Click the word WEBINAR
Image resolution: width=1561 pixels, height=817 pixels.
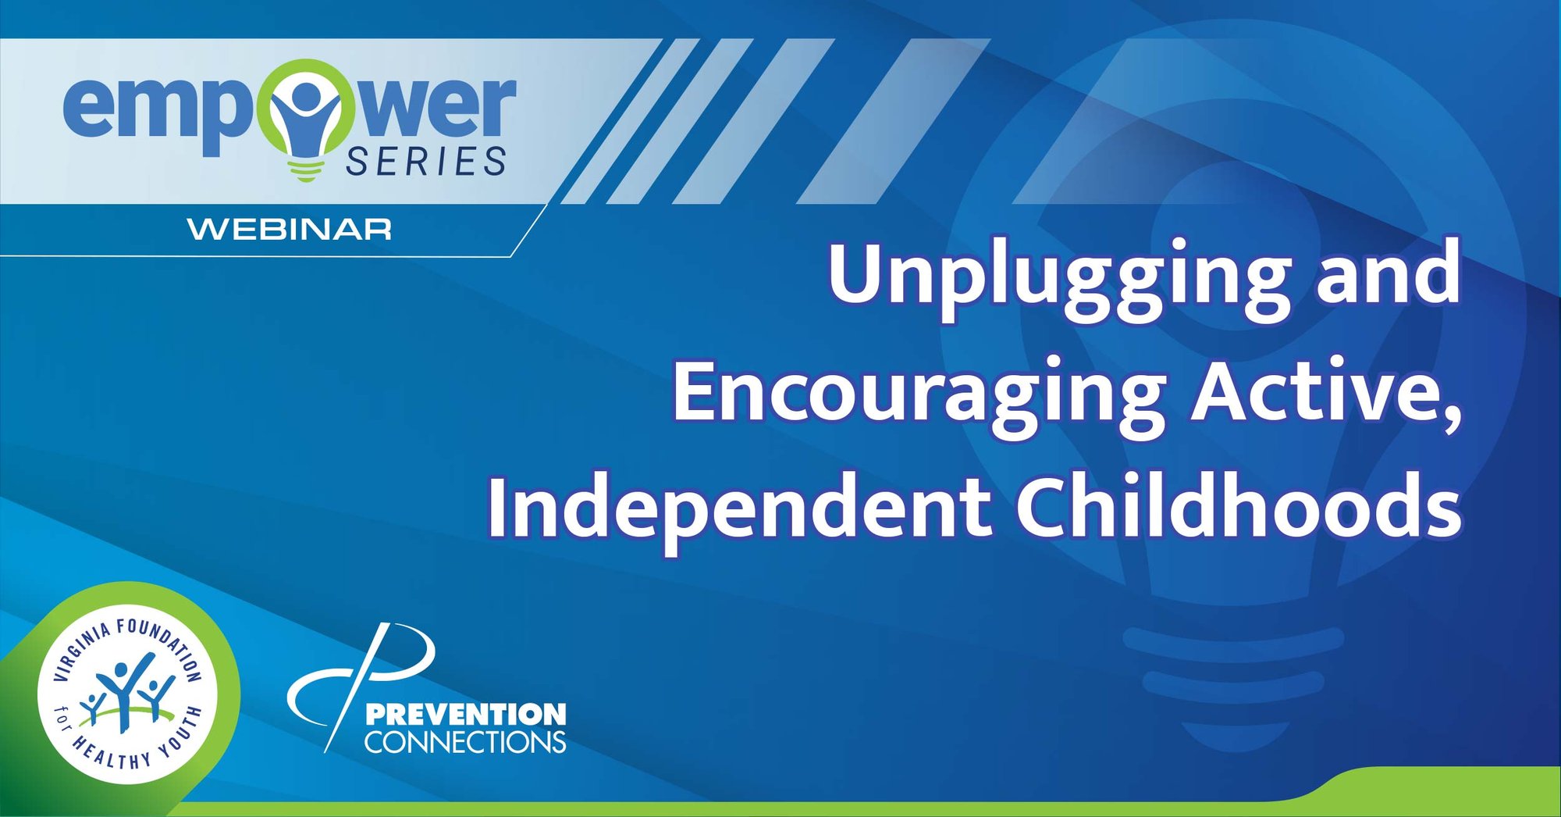(x=290, y=230)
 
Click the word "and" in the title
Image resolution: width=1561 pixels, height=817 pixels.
(x=1389, y=273)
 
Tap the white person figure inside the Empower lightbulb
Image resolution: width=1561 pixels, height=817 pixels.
(x=306, y=109)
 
